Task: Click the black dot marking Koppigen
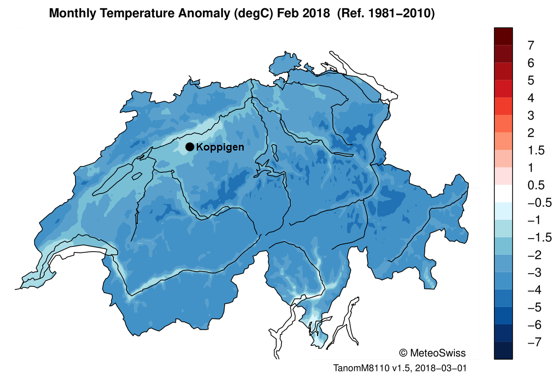pos(190,147)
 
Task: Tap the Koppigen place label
pos(220,147)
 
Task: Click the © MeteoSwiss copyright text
pos(432,353)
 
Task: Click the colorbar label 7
pos(531,46)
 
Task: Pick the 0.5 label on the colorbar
pos(536,185)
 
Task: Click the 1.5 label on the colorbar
pos(536,151)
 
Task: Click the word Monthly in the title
pos(72,13)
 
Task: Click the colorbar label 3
pos(531,115)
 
